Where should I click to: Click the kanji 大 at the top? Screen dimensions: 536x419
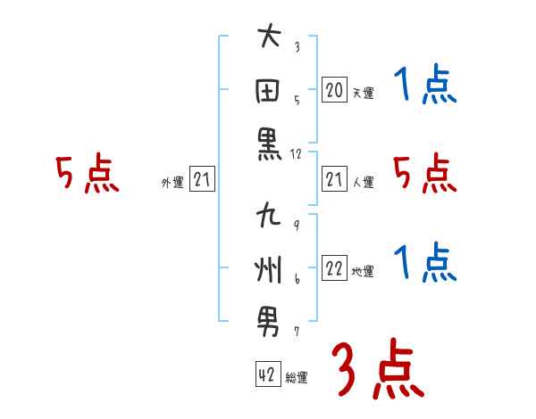click(269, 37)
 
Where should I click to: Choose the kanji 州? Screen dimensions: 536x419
click(269, 268)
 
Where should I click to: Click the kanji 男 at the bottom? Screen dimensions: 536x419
click(269, 322)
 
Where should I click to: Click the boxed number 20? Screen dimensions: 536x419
click(334, 90)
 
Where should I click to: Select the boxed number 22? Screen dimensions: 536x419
click(334, 269)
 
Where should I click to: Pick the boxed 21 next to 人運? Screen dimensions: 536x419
click(334, 180)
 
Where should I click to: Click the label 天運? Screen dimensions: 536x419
click(363, 93)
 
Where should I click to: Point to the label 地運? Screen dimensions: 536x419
click(363, 272)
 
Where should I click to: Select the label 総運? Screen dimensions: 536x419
click(297, 377)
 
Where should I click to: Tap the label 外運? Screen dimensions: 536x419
click(172, 183)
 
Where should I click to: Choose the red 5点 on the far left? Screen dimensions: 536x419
click(87, 174)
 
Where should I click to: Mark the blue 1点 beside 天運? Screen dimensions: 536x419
click(425, 86)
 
